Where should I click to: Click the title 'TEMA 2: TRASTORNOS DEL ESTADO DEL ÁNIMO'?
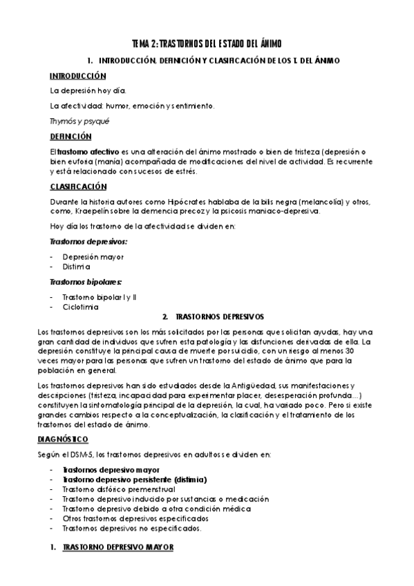pos(207,44)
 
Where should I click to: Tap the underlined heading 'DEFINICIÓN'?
pos(70,136)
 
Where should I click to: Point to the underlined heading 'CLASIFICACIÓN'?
pos(78,187)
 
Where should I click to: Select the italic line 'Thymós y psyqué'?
pos(75,120)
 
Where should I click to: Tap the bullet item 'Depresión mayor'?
pos(93,257)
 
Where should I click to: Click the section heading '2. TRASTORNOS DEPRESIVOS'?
pos(213,316)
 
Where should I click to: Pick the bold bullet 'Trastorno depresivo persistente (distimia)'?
pos(135,479)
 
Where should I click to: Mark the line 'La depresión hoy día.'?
pos(88,90)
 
